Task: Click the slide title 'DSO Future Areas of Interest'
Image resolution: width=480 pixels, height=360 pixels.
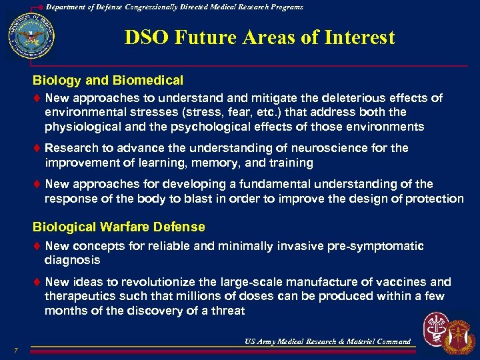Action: click(259, 37)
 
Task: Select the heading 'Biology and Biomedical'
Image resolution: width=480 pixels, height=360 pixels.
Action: click(108, 81)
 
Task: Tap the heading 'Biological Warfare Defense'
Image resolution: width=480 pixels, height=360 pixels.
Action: click(119, 227)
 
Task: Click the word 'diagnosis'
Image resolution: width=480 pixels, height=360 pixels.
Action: click(72, 261)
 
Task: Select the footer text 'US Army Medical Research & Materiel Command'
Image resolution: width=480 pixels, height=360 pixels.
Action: click(327, 342)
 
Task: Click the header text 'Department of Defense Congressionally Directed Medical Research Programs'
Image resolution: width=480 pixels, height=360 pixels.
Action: click(175, 7)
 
